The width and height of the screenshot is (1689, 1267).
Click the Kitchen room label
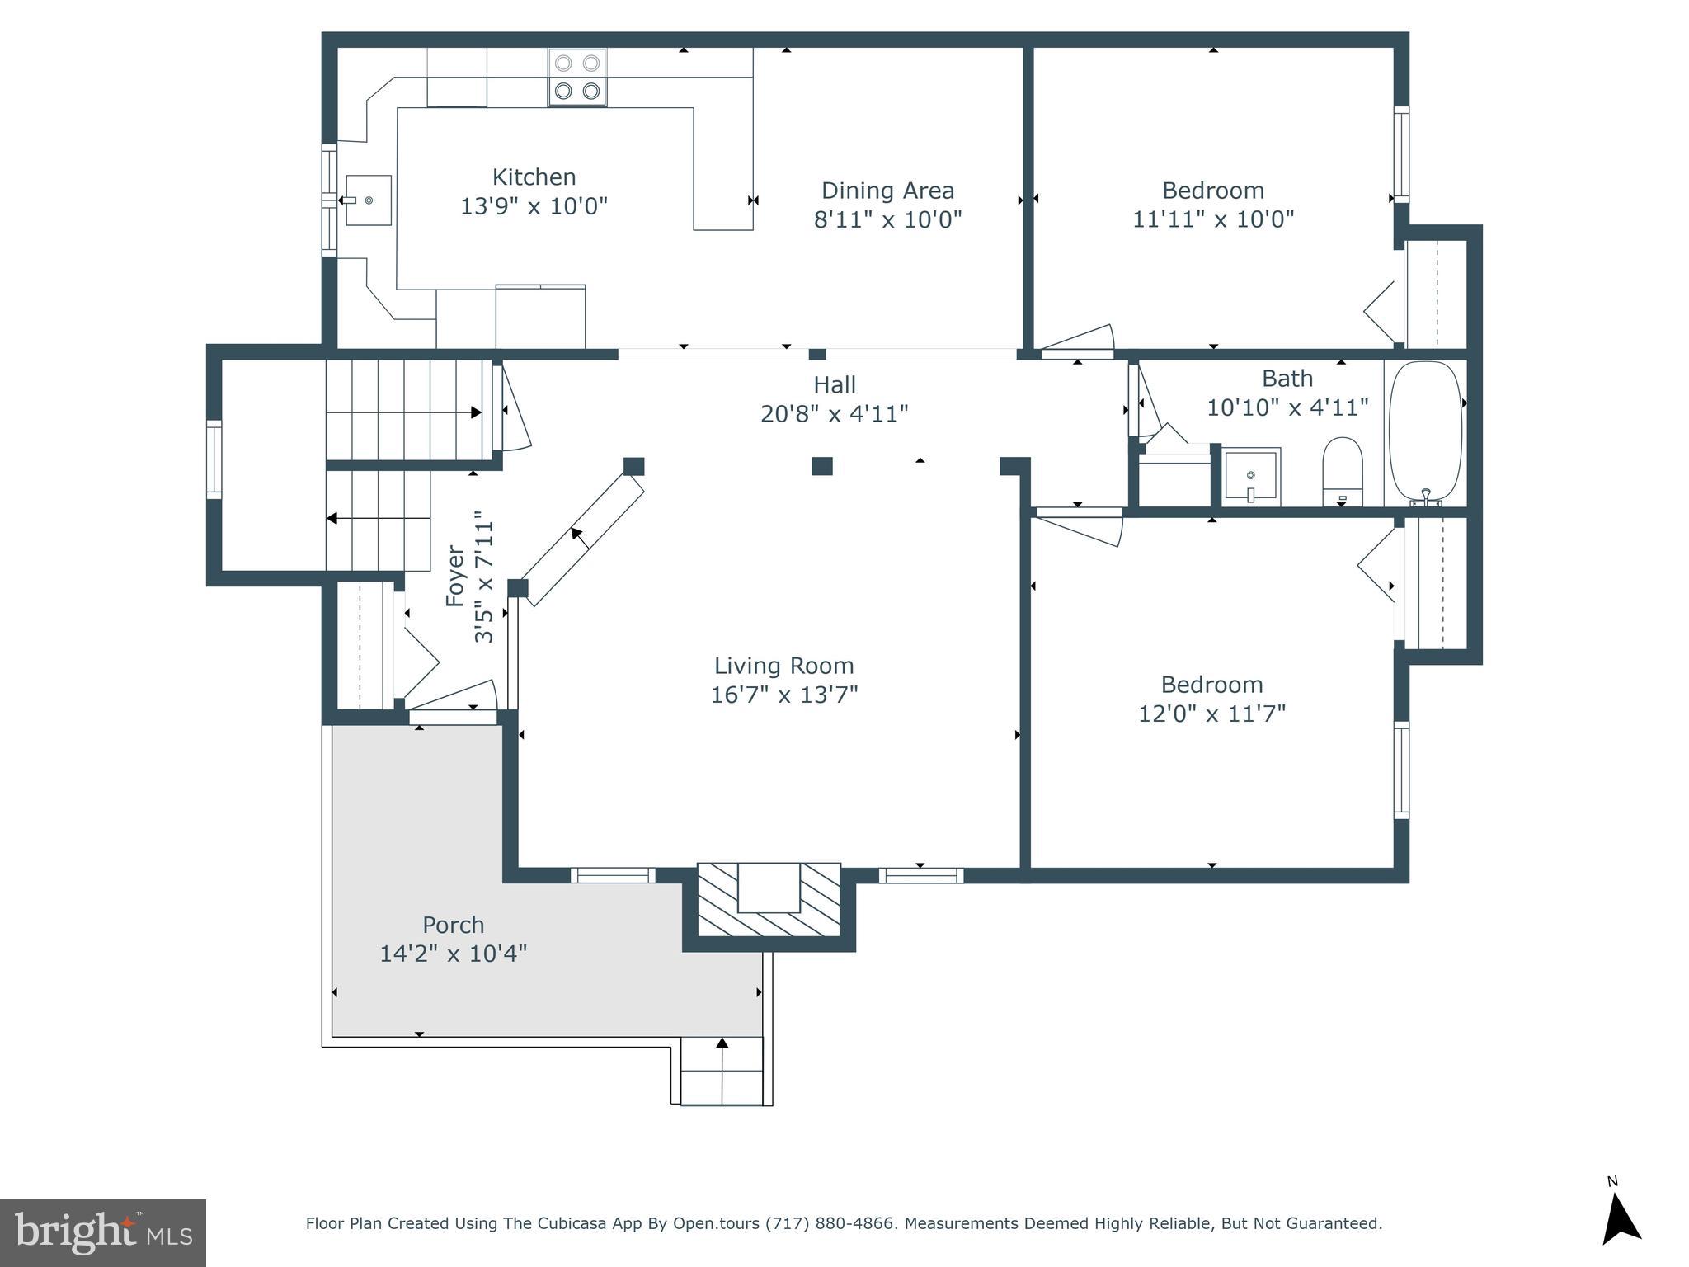534,177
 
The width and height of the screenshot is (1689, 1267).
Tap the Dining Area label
887,191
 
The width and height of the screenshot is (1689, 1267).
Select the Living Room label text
783,666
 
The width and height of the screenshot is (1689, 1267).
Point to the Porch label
454,925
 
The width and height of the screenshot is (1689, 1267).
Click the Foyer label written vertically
455,576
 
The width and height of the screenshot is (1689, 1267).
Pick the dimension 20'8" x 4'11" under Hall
834,413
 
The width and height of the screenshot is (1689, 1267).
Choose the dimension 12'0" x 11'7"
1211,714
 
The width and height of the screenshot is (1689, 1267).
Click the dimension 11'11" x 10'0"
1212,219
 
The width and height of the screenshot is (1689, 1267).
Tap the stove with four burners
577,78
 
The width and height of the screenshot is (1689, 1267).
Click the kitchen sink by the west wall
368,200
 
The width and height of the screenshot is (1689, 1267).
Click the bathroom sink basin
1250,476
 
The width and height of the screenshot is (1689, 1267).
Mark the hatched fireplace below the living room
769,899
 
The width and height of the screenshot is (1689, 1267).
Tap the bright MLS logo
103,1233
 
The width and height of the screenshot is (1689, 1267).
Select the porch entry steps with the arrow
722,1070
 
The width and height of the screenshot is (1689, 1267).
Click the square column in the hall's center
821,466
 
